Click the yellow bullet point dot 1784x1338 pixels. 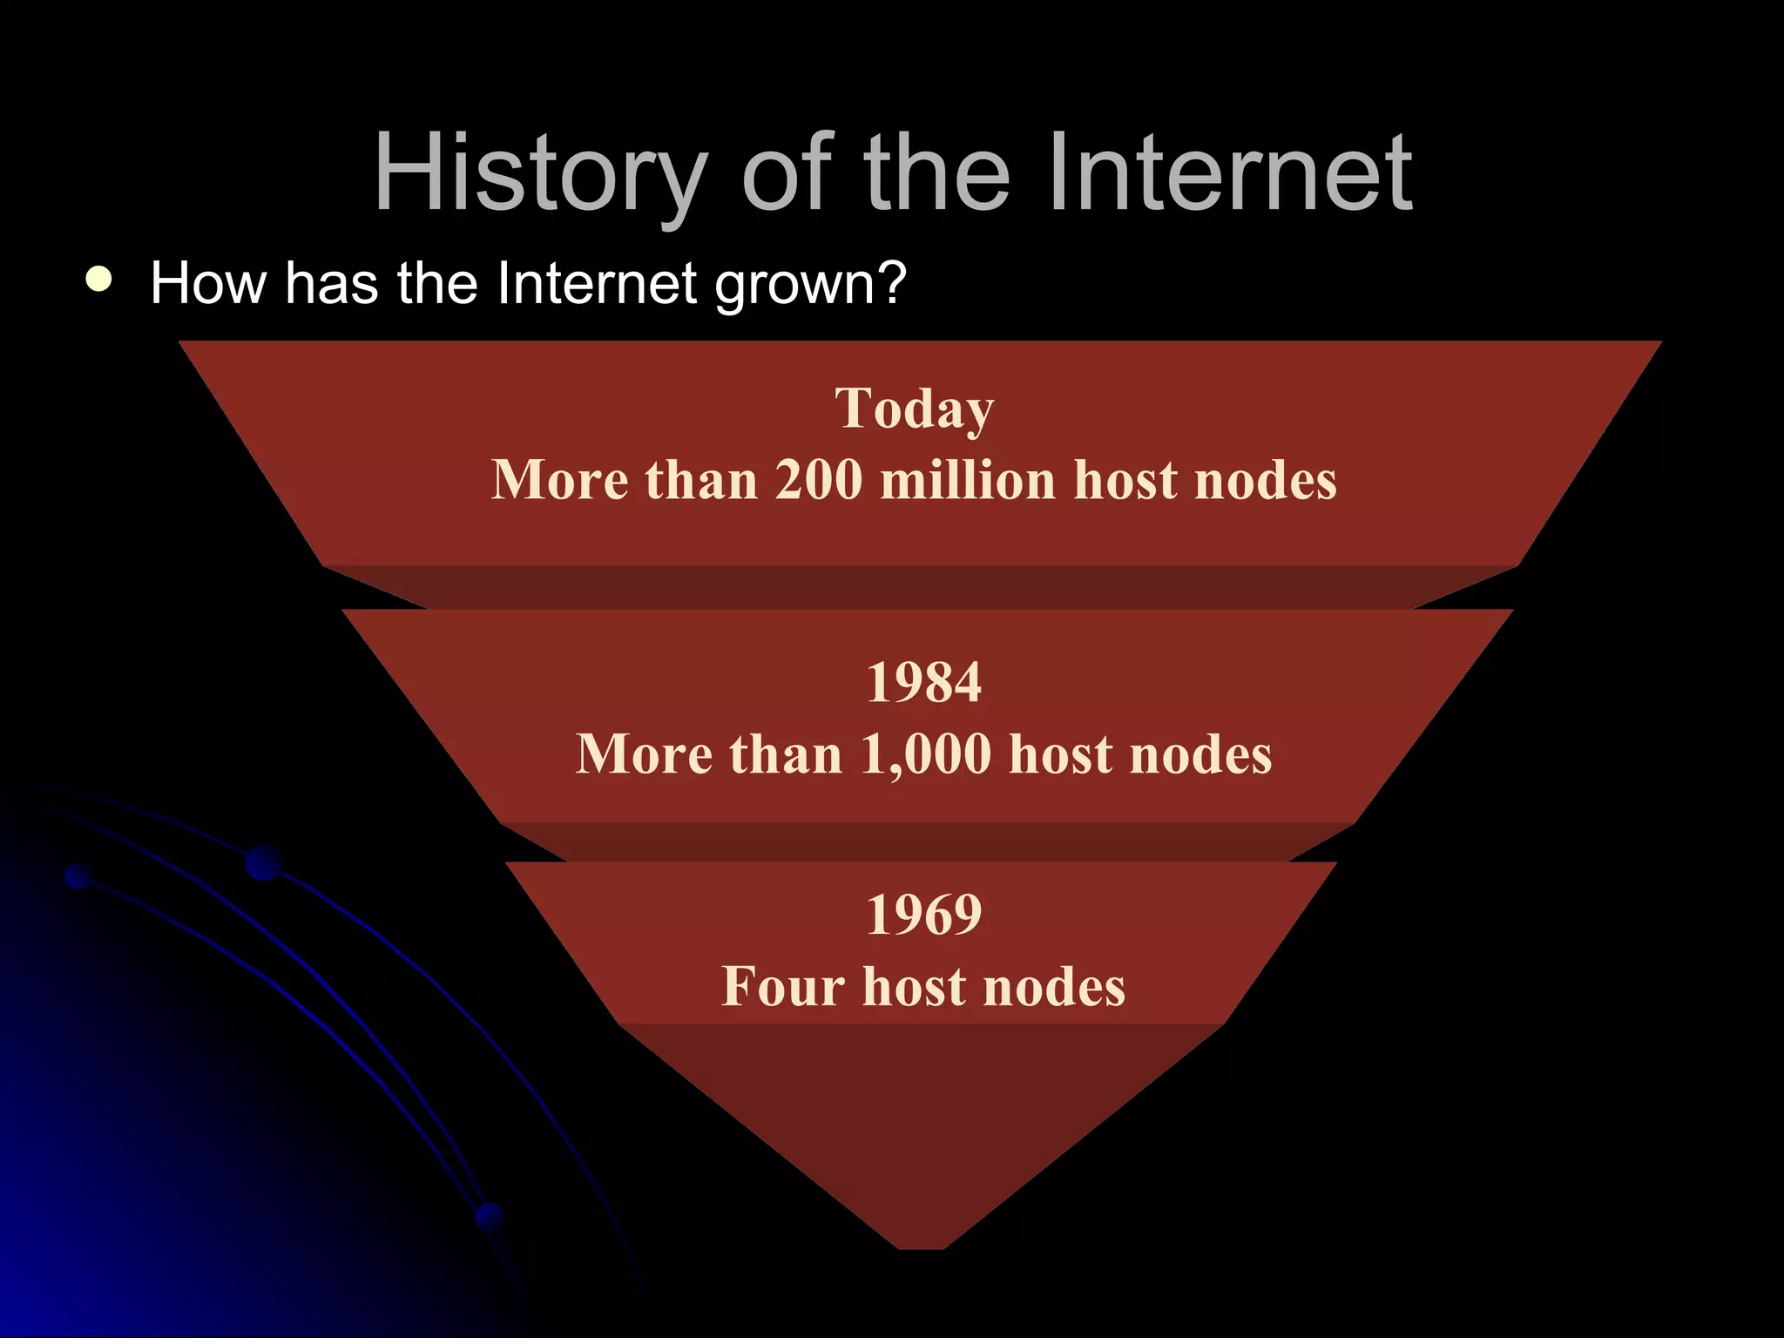99,279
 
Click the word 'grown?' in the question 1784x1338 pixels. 810,286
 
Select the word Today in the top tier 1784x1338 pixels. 915,409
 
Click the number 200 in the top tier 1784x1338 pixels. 818,480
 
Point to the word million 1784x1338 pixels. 968,480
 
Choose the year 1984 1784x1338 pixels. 923,682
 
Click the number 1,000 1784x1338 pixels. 925,754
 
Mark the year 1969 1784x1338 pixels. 923,915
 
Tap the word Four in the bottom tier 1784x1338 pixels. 783,987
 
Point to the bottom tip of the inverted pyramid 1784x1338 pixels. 922,1244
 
